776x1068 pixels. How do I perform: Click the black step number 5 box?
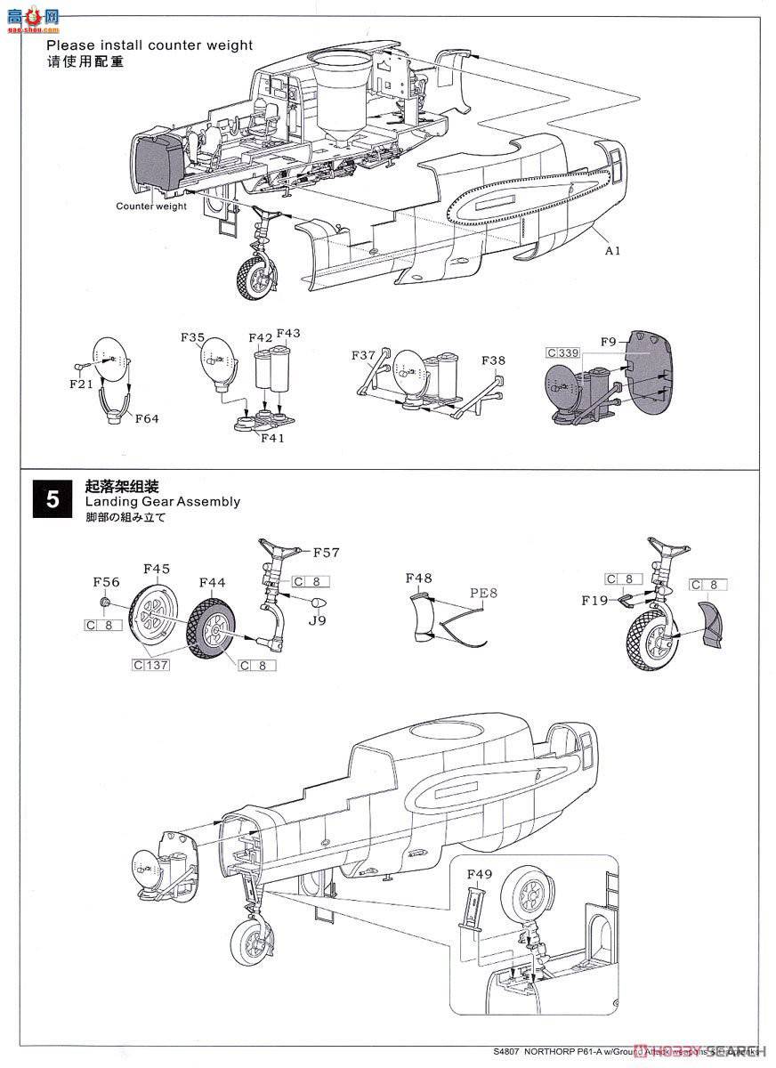[53, 499]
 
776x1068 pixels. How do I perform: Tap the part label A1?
[612, 250]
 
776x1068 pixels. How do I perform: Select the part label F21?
[81, 384]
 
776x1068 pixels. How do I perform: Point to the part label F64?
[147, 418]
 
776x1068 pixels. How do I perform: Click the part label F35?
[192, 338]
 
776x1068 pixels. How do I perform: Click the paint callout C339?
[563, 352]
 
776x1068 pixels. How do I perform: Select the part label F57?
[327, 553]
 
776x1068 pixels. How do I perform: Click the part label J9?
[317, 621]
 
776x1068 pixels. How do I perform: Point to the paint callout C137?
[150, 664]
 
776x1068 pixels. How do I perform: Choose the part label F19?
[594, 600]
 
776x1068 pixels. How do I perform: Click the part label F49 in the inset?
[479, 875]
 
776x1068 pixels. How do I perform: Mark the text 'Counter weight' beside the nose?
[151, 206]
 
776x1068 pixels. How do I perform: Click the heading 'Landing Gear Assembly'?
[162, 502]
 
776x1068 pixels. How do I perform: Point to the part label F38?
[495, 360]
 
